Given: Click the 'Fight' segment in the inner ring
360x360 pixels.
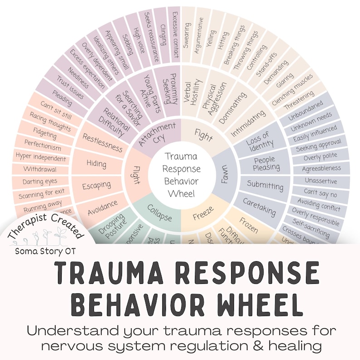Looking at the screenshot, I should (x=204, y=135).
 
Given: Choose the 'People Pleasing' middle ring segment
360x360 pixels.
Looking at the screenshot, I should (x=265, y=163).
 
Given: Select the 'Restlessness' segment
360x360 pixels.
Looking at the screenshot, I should (x=102, y=141).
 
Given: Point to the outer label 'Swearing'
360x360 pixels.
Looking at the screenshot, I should (x=186, y=35).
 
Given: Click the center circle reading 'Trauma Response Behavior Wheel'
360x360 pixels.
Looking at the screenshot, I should (x=181, y=175).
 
